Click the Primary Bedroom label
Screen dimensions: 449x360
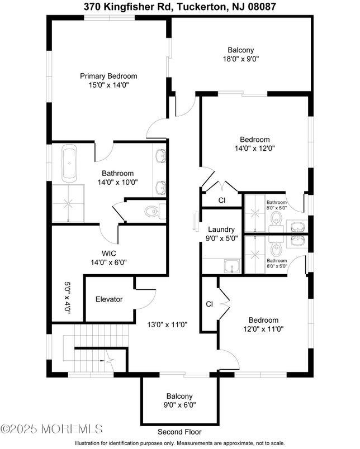click(x=108, y=76)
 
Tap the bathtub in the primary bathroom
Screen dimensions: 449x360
click(x=70, y=163)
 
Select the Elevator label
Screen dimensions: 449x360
click(x=108, y=299)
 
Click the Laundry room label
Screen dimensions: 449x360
click(x=221, y=230)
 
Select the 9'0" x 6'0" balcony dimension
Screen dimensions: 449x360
click(x=179, y=405)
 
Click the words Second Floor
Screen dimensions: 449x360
click(x=179, y=432)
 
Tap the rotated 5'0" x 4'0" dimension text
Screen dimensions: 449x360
click(x=68, y=298)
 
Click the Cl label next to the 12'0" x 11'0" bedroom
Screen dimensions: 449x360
click(x=210, y=304)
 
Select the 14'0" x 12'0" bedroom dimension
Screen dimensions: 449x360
click(x=255, y=149)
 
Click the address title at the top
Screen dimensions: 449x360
click(x=179, y=7)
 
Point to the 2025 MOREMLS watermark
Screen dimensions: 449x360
click(x=51, y=429)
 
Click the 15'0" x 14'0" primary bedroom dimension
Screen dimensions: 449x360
click(x=108, y=85)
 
